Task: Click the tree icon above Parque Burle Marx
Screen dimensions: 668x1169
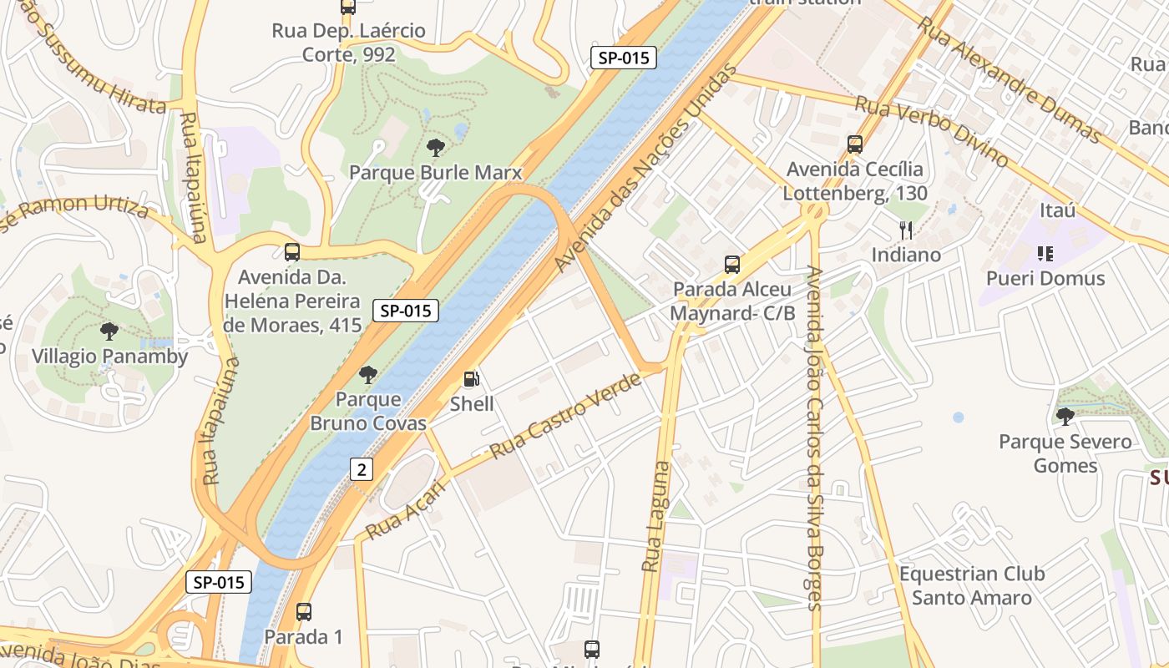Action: point(435,148)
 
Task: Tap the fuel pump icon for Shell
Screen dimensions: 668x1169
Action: point(472,379)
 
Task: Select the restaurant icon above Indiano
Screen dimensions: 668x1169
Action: point(906,230)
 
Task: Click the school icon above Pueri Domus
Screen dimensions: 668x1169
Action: point(1045,253)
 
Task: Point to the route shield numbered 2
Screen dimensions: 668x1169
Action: point(362,469)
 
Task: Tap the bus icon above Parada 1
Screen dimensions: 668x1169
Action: point(304,612)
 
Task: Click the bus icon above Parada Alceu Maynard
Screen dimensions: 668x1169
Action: point(732,265)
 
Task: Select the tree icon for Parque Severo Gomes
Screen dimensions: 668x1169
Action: point(1065,416)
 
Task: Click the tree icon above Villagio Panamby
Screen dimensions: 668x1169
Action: point(109,331)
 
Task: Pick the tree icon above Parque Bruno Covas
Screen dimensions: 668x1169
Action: point(368,375)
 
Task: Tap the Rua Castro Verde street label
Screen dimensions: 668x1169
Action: point(565,415)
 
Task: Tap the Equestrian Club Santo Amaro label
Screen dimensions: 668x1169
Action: point(971,585)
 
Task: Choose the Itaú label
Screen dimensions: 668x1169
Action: point(1057,210)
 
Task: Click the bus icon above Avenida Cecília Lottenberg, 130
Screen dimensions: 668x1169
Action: point(854,144)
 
